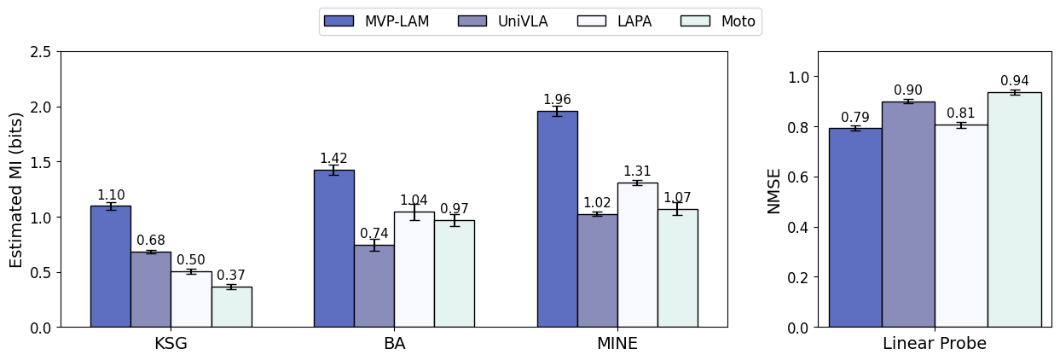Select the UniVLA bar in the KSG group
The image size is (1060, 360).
click(x=150, y=289)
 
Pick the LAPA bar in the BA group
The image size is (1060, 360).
click(x=414, y=270)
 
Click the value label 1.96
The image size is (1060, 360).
click(x=557, y=100)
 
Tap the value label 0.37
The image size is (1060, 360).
click(x=231, y=276)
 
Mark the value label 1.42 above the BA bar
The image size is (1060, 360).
click(x=333, y=159)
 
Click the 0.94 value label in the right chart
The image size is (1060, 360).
click(x=1014, y=81)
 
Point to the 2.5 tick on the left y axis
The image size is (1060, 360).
click(x=39, y=52)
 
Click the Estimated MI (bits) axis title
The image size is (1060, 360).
click(x=17, y=189)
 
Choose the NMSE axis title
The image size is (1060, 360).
click(x=774, y=189)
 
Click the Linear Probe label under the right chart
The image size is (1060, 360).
click(x=935, y=344)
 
